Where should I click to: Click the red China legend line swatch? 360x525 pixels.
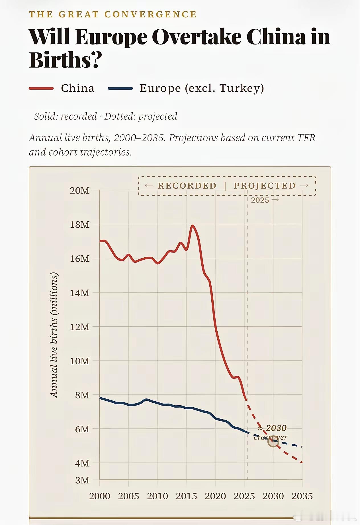(x=41, y=88)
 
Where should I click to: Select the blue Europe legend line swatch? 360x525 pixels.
(x=120, y=88)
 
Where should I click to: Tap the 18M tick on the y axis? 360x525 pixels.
(x=80, y=225)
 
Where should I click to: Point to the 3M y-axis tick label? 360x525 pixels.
(x=82, y=480)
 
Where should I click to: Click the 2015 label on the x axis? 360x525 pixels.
(x=186, y=496)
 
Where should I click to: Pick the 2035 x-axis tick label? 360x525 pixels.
(x=302, y=496)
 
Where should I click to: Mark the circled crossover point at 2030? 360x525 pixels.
(x=273, y=441)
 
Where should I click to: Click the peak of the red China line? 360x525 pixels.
(x=193, y=226)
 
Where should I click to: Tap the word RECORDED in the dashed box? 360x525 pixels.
(x=187, y=186)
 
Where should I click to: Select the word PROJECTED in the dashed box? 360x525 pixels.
(x=265, y=186)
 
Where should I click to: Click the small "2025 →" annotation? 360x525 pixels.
(x=265, y=200)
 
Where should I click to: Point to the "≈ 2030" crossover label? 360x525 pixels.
(x=272, y=428)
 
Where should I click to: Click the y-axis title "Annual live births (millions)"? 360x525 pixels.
(x=54, y=335)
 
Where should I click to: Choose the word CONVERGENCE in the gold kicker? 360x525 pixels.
(x=151, y=14)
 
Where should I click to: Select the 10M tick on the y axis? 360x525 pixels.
(x=80, y=361)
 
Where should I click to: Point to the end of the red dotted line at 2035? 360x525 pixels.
(x=302, y=462)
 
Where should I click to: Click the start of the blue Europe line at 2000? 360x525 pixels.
(x=100, y=398)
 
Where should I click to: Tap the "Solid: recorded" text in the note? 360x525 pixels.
(x=66, y=116)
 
